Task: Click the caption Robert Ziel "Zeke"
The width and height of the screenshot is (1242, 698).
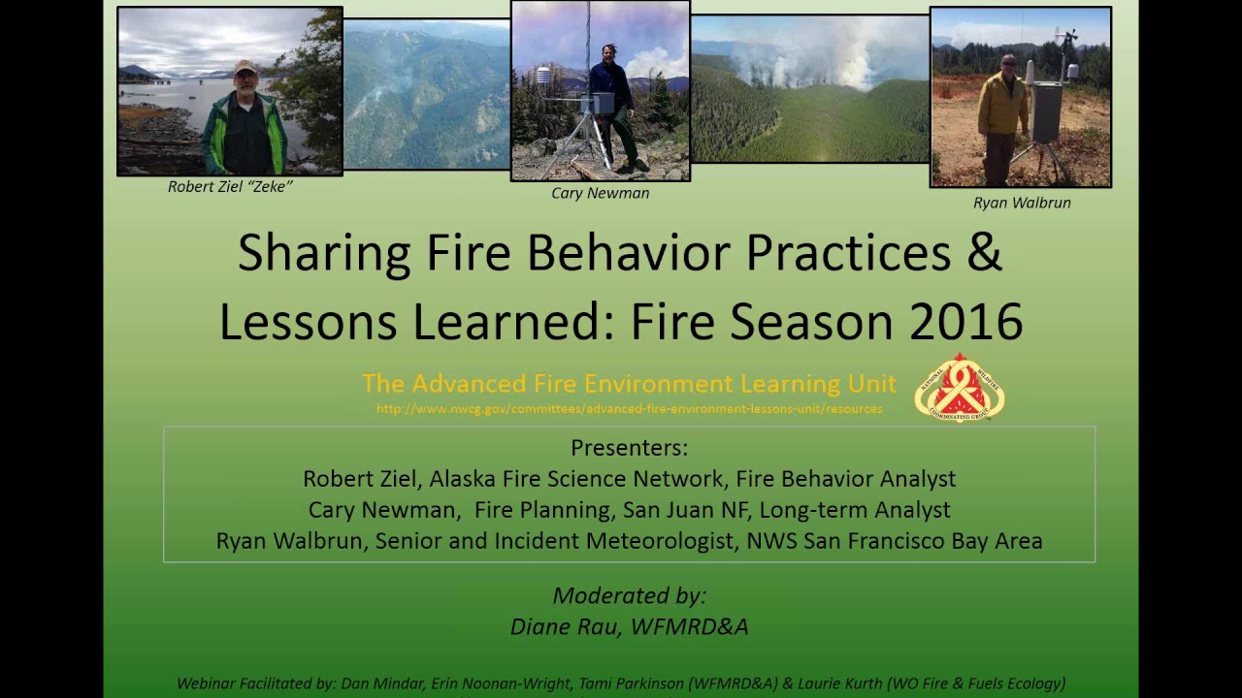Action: [x=230, y=187]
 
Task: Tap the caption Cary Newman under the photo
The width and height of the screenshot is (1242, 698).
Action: [x=600, y=193]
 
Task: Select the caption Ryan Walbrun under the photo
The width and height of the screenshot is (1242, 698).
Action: [x=1022, y=203]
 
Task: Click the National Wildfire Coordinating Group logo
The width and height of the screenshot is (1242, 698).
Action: [x=959, y=388]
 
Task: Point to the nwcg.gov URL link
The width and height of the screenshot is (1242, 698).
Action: [x=629, y=409]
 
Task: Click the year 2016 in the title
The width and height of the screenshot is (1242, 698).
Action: [x=965, y=322]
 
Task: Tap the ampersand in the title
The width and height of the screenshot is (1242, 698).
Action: [x=983, y=253]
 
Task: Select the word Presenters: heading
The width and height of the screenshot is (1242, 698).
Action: [x=629, y=448]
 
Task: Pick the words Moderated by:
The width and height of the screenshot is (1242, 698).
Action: [x=629, y=595]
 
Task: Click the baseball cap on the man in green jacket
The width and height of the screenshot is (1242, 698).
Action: [x=245, y=67]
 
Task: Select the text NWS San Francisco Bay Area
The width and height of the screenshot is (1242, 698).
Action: [x=894, y=541]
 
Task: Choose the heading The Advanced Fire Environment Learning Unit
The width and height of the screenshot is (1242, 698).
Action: [x=629, y=384]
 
